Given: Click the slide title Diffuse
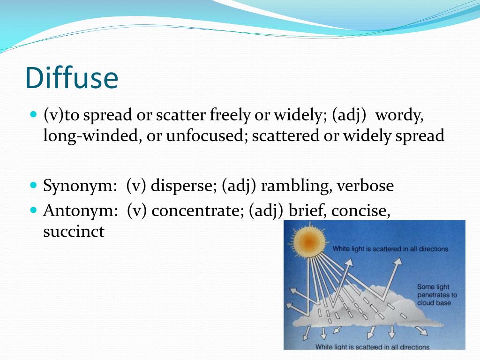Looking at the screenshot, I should (72, 78).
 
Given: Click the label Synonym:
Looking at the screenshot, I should (80, 186).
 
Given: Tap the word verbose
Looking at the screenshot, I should (365, 186).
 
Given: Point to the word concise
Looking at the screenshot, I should (360, 211).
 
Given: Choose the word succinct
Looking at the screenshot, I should (74, 232).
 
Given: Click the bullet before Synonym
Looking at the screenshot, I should (33, 185).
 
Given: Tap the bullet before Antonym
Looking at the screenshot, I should (33, 210).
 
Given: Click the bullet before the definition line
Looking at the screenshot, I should (33, 114).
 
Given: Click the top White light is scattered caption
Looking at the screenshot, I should (390, 249).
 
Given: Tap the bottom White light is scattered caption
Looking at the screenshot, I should (372, 347).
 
